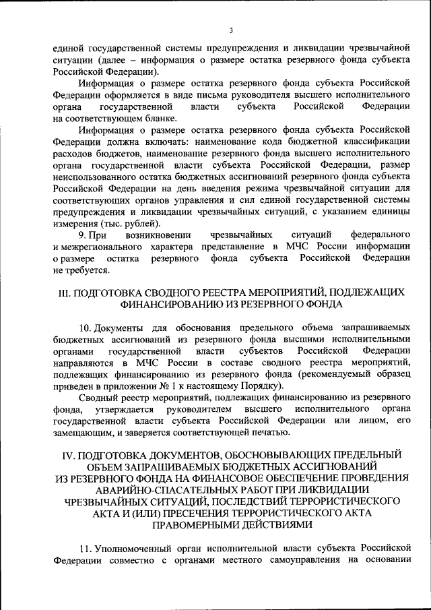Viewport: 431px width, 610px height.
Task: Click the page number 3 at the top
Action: (x=230, y=30)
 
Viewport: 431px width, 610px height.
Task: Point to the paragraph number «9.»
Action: (x=84, y=235)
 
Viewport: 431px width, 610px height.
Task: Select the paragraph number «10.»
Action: (x=86, y=327)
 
